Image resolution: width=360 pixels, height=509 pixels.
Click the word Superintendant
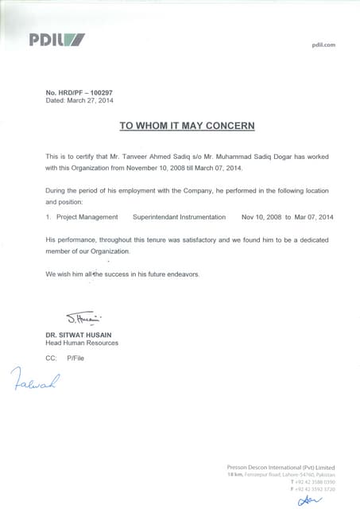tap(158, 217)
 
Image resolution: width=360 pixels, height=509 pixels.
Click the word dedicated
tap(311, 239)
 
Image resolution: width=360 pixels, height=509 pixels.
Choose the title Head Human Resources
tap(82, 344)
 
